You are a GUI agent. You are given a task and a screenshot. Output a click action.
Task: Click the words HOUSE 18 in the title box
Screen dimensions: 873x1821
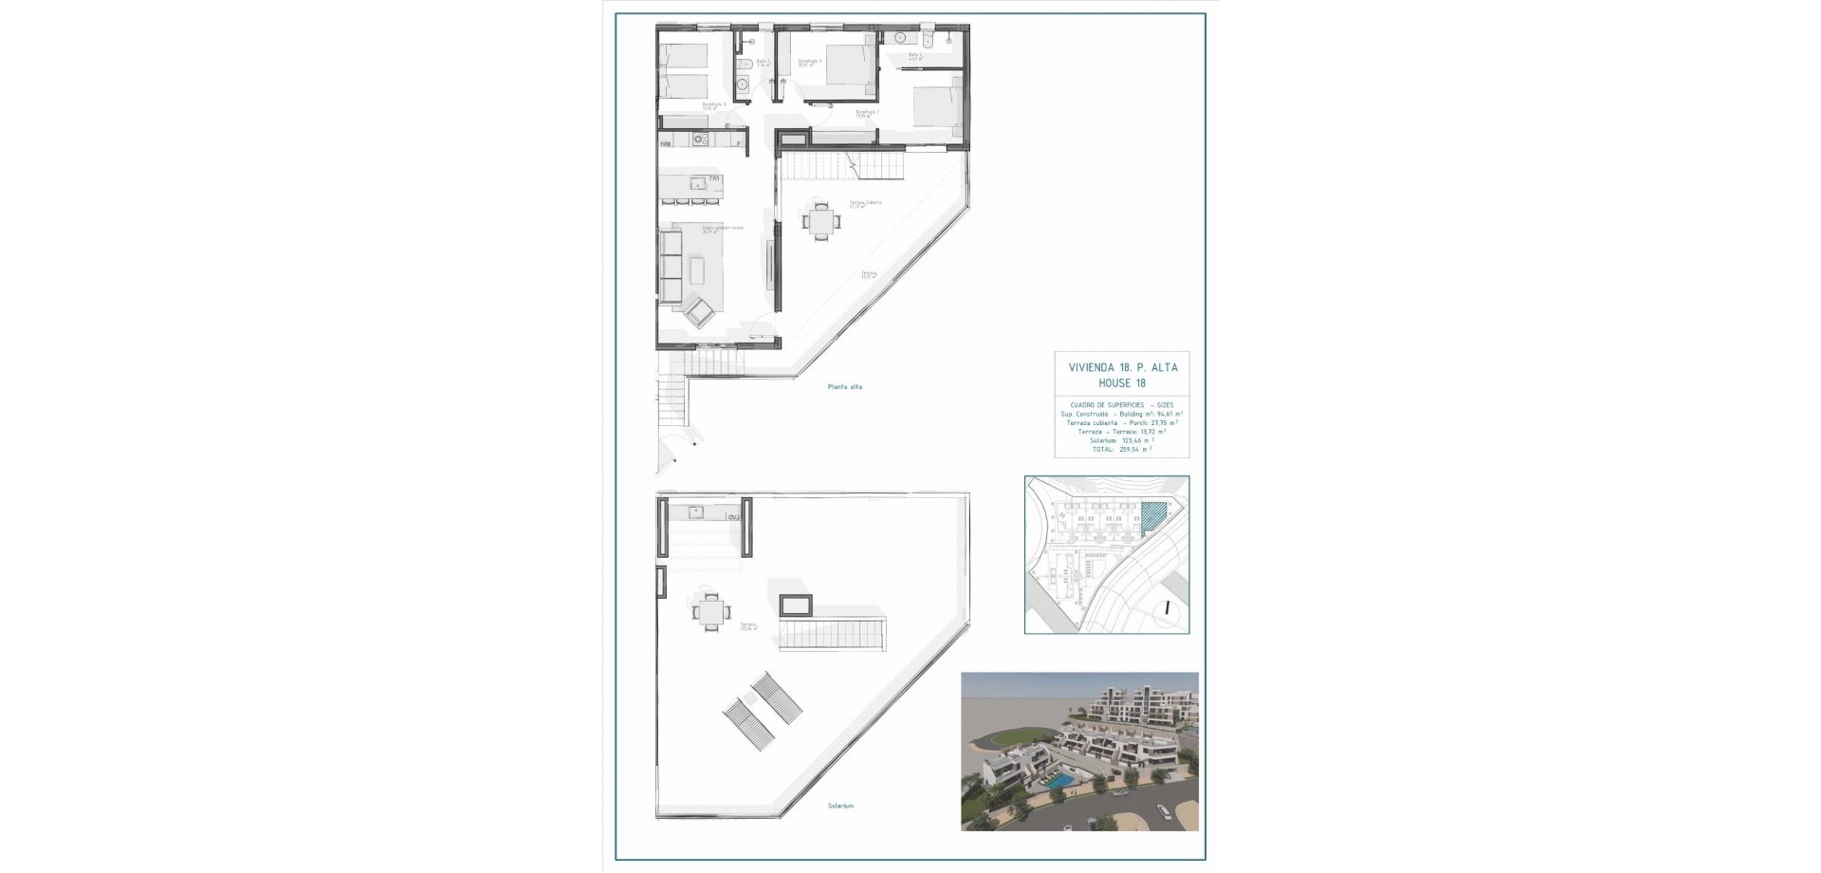1121,383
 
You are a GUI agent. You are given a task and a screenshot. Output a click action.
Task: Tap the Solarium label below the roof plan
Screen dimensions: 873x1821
839,807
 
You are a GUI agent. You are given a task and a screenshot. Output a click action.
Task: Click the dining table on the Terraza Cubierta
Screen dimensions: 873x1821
821,221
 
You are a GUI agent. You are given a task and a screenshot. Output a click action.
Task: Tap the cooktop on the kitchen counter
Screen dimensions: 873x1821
701,141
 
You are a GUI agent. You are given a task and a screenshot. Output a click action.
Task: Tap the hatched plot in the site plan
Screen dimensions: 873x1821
1151,518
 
